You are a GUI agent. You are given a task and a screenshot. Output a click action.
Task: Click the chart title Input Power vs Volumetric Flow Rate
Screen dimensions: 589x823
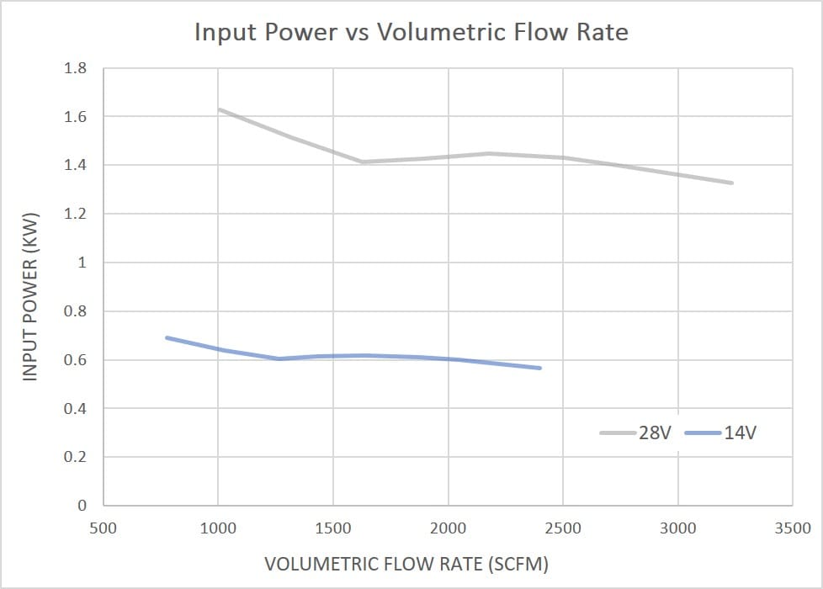point(411,33)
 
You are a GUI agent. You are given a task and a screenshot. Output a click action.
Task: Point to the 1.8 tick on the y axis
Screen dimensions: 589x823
point(75,68)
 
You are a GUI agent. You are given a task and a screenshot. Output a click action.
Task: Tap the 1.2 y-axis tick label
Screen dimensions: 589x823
point(75,214)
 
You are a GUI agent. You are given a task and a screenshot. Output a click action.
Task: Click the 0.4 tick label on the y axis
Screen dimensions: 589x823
point(75,409)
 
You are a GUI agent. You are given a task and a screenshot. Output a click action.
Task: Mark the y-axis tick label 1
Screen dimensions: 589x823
point(82,263)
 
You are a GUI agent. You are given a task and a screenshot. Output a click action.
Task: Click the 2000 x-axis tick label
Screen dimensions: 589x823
point(448,528)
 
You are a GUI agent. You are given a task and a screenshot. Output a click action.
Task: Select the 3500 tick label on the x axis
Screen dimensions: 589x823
point(793,528)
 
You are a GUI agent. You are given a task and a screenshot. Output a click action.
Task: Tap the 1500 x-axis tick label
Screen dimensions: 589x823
point(333,528)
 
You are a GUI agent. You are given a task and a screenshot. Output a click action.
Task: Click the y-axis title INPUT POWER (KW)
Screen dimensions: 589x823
point(31,287)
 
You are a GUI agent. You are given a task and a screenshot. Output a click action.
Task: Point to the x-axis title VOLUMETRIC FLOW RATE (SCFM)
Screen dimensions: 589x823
point(411,564)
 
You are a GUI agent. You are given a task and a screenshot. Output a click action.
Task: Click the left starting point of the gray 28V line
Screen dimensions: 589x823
point(219,109)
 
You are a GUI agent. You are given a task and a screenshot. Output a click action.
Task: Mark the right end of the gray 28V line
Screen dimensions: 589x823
point(732,183)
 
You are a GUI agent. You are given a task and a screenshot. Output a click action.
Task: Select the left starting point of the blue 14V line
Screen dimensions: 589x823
point(167,337)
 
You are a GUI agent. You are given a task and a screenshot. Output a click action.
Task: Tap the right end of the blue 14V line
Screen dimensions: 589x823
point(539,368)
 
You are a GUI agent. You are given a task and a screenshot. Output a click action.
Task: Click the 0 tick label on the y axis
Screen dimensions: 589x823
point(82,506)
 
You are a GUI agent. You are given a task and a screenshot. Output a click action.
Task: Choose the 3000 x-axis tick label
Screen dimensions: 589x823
point(677,528)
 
